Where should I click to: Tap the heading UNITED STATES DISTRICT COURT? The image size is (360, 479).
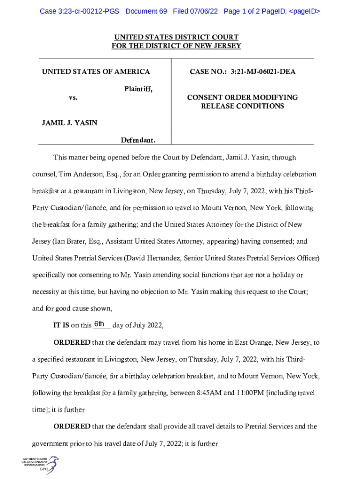click(176, 37)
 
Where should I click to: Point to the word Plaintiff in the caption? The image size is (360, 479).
click(138, 89)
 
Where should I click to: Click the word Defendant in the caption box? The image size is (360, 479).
click(138, 140)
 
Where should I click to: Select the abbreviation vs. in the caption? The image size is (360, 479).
click(73, 98)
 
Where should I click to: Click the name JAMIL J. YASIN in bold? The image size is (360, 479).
click(70, 123)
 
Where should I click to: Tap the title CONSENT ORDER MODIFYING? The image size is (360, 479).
click(242, 97)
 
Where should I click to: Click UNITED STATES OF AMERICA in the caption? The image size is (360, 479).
click(96, 72)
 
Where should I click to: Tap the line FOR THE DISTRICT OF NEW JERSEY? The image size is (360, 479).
click(176, 46)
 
